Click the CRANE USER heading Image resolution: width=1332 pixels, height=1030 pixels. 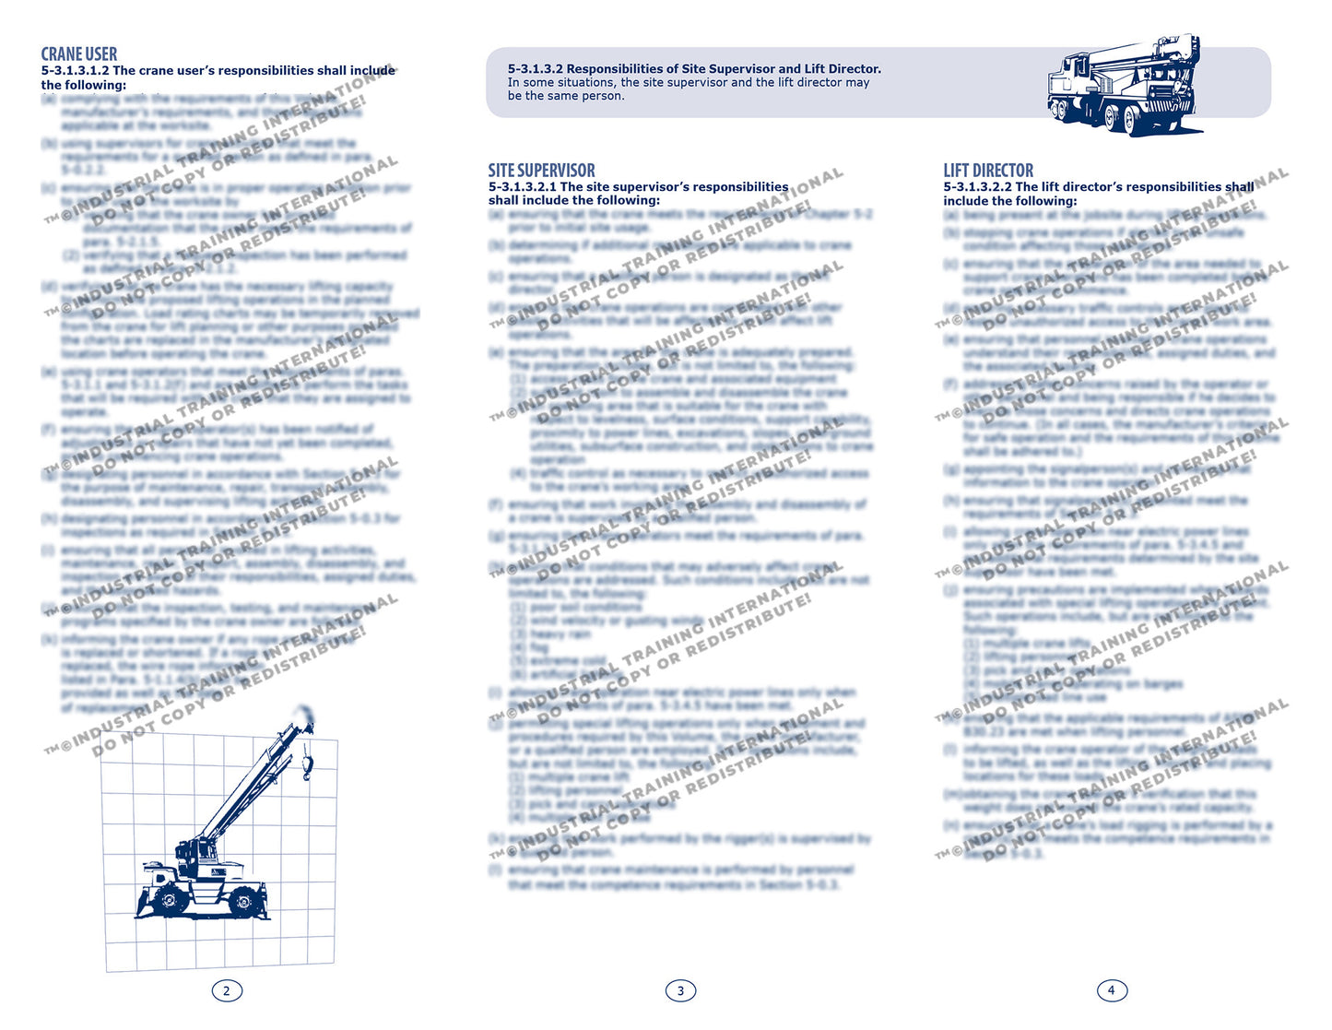click(x=79, y=54)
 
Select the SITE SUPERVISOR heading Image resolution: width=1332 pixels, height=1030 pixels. click(x=541, y=171)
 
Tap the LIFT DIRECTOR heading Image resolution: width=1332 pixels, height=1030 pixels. click(x=988, y=171)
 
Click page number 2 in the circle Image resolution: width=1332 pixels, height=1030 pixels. click(x=227, y=991)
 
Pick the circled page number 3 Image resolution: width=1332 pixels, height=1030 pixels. click(x=680, y=991)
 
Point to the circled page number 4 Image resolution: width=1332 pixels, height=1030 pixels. click(x=1112, y=990)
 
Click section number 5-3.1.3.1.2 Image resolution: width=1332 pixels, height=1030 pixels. click(x=75, y=71)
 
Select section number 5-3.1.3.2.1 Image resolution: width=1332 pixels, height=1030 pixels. click(x=523, y=187)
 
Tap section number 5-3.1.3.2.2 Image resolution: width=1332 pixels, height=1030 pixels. click(x=977, y=187)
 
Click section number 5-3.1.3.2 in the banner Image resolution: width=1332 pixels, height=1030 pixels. click(x=535, y=69)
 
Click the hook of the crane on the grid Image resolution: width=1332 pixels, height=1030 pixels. click(x=307, y=764)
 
